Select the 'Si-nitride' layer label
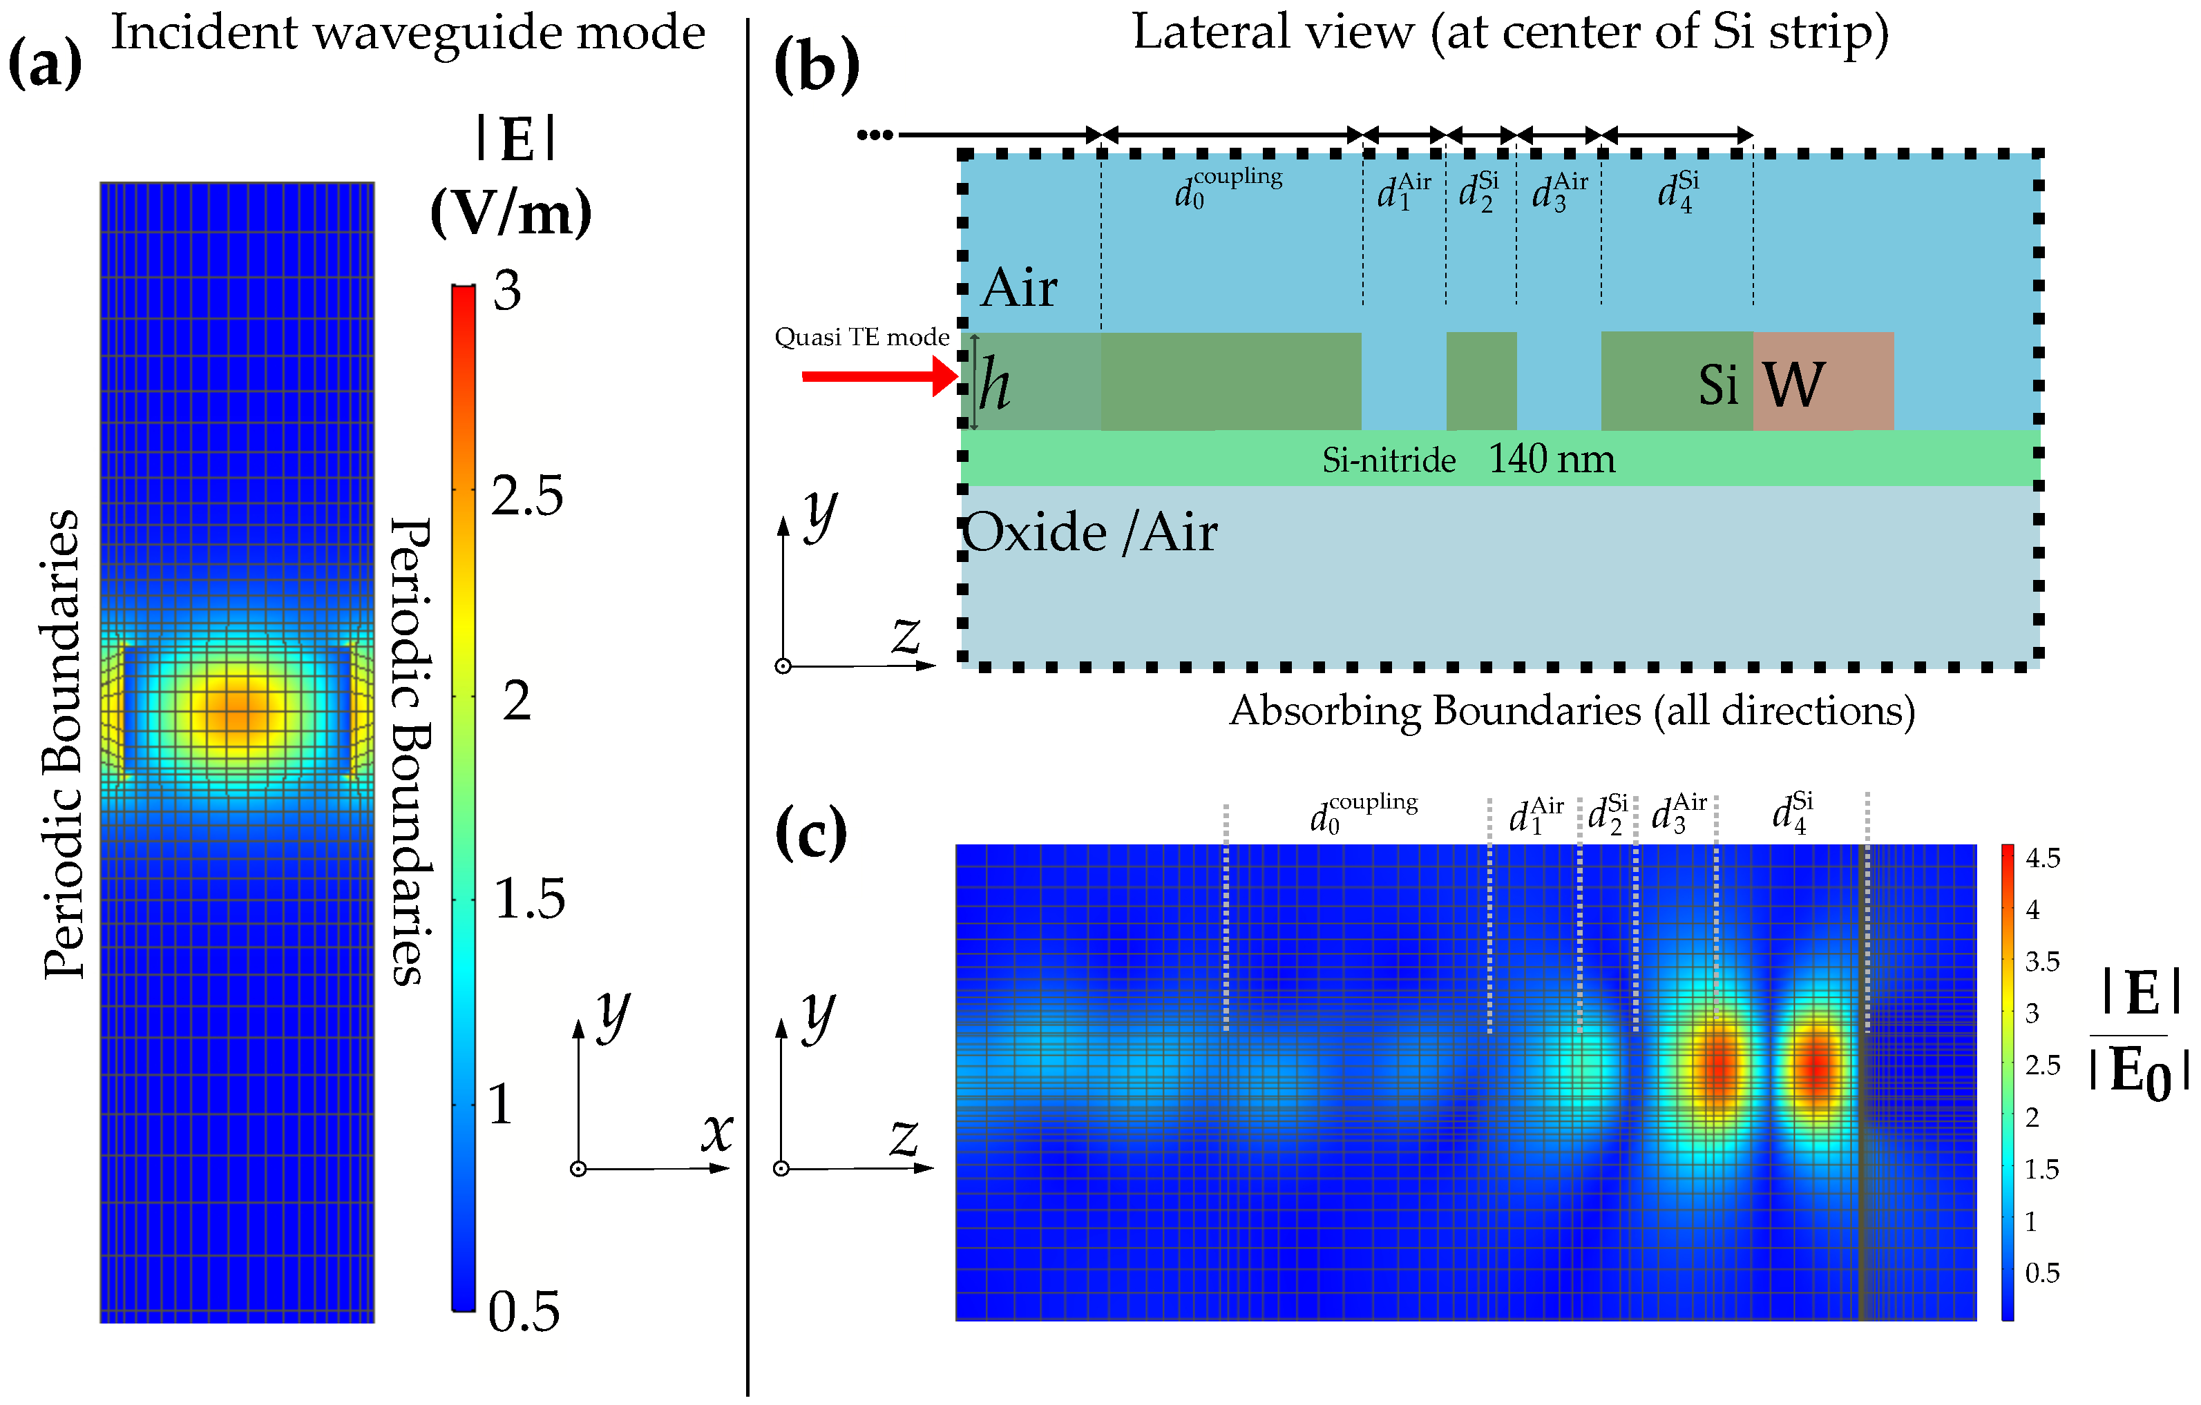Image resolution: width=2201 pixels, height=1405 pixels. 1389,460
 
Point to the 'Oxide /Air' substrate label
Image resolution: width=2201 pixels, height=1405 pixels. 1089,532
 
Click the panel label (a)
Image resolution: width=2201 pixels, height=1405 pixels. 45,65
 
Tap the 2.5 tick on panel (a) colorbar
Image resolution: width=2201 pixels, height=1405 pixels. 526,496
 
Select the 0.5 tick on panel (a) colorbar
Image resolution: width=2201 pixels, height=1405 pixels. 523,1312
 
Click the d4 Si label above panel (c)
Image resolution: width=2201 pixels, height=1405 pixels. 1791,812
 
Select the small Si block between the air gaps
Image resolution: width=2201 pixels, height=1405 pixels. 1480,381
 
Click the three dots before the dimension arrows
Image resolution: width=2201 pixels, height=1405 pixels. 875,135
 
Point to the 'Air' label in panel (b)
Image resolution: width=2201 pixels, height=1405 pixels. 1019,288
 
